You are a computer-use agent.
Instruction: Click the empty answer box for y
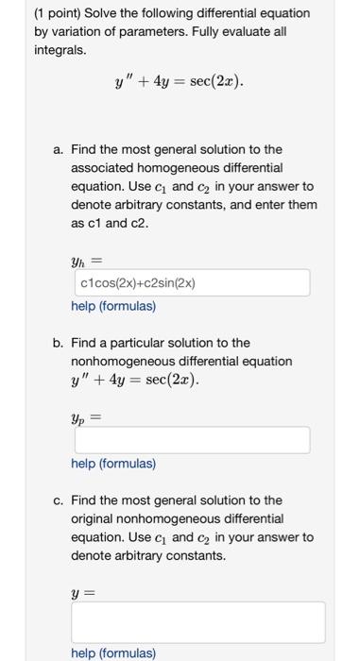point(197,622)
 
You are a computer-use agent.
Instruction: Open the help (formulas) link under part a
point(113,306)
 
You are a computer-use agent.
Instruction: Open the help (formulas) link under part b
point(113,464)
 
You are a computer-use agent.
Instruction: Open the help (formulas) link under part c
point(113,653)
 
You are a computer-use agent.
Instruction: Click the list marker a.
point(59,149)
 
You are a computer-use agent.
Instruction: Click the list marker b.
point(59,343)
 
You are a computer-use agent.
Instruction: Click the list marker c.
point(59,500)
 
